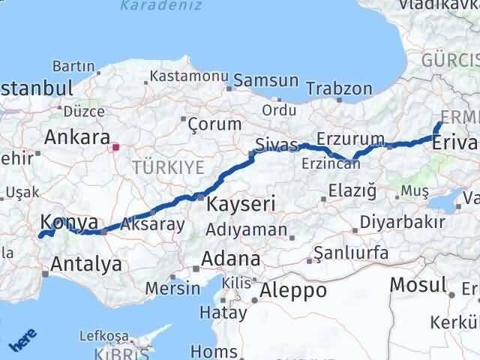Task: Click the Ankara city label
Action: pyautogui.click(x=77, y=136)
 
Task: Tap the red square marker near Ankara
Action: pyautogui.click(x=116, y=147)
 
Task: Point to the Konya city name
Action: pyautogui.click(x=69, y=222)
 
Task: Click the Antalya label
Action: pyautogui.click(x=86, y=263)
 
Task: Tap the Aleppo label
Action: pyautogui.click(x=292, y=290)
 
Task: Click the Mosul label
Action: pyautogui.click(x=418, y=284)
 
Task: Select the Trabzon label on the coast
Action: pyautogui.click(x=339, y=88)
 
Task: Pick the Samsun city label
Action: pyautogui.click(x=266, y=80)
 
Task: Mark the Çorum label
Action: pyautogui.click(x=214, y=124)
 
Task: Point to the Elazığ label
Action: pyautogui.click(x=353, y=191)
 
